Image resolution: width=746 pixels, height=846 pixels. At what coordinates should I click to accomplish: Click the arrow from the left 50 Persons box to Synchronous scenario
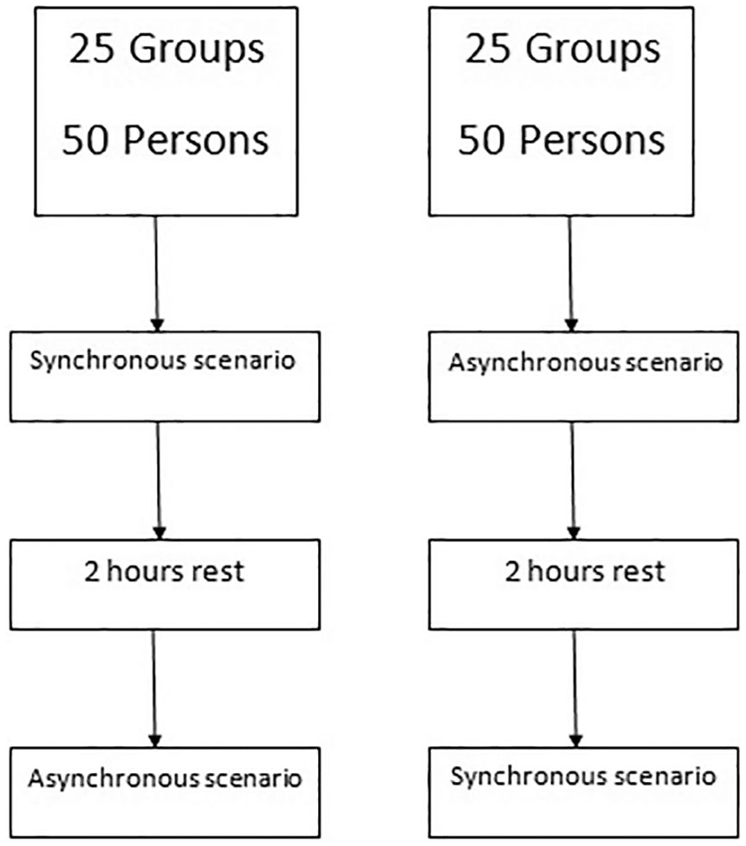[157, 274]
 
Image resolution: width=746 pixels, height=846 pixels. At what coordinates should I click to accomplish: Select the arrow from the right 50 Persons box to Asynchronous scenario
[571, 274]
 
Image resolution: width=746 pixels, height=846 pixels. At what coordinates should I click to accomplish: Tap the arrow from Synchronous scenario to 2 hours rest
[159, 481]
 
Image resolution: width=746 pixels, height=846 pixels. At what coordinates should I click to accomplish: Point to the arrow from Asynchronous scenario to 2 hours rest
[573, 481]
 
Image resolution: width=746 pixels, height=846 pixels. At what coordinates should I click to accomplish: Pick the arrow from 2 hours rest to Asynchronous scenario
[154, 688]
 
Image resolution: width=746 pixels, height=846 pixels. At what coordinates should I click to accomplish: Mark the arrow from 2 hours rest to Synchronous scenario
[575, 688]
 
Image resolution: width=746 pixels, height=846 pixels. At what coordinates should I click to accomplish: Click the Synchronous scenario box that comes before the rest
[165, 377]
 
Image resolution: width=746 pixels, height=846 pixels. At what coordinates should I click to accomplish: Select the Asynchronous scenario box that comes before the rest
[583, 377]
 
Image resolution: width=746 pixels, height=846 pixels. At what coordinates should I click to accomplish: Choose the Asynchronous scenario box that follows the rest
[165, 792]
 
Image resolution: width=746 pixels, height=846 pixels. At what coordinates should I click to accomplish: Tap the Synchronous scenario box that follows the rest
[583, 792]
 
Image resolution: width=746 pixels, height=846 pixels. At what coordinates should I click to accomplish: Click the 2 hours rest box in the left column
[165, 584]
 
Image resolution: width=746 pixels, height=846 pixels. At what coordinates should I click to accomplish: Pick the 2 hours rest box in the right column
[583, 584]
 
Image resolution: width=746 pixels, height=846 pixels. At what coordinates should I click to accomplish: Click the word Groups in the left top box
[197, 50]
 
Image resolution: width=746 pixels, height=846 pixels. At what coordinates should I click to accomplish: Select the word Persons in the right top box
[592, 141]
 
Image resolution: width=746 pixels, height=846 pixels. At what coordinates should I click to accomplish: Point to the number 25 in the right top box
[488, 48]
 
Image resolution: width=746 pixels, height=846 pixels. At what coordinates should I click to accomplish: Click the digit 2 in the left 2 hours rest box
[92, 572]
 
